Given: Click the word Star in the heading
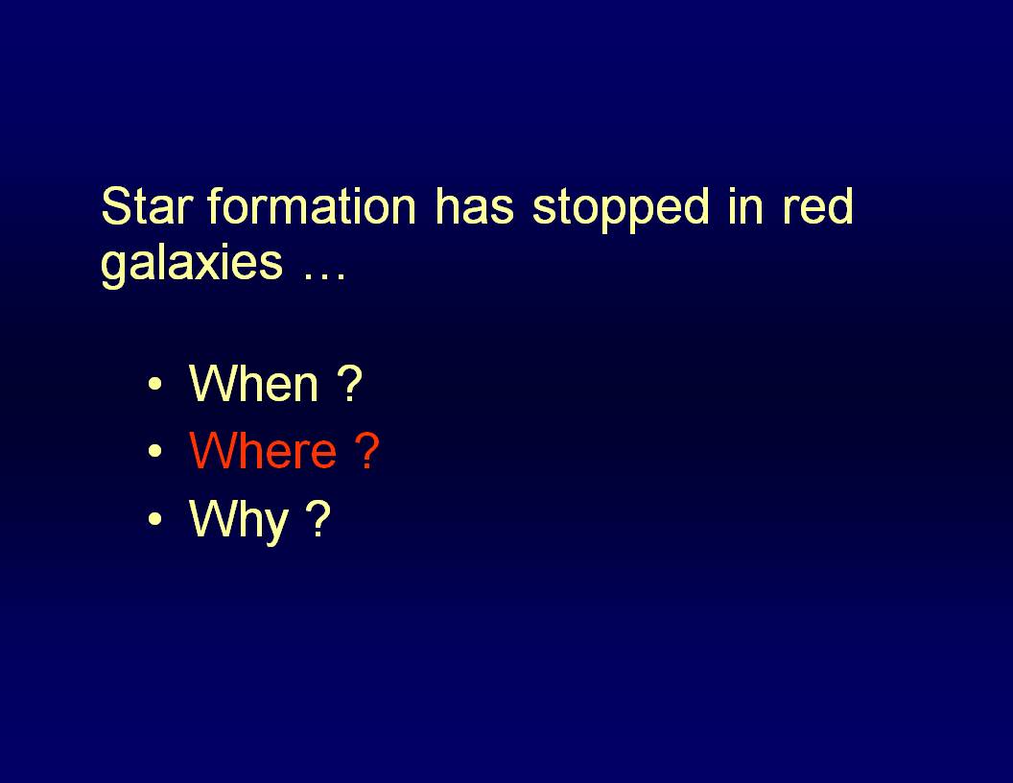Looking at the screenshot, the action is click(x=147, y=206).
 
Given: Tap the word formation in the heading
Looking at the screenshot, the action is click(x=312, y=206).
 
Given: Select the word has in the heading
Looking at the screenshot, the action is click(x=474, y=206).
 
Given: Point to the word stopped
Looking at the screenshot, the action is click(x=621, y=209).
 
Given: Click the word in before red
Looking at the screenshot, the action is click(x=745, y=206).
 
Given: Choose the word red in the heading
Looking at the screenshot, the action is click(x=818, y=206).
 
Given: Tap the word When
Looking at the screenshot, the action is click(x=253, y=384).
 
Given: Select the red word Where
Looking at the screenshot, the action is click(x=262, y=450).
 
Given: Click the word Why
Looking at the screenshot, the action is click(x=239, y=520).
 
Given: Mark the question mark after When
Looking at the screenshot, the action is click(x=349, y=383).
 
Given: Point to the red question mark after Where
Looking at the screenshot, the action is click(x=367, y=450).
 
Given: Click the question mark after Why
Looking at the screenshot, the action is click(x=318, y=517).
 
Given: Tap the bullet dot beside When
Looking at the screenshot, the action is click(x=154, y=385).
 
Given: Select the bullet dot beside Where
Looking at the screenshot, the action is click(x=154, y=451).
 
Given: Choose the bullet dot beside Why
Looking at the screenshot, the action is click(x=154, y=518).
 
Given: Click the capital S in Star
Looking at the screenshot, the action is click(x=115, y=206).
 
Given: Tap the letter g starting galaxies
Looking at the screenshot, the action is click(x=113, y=269).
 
